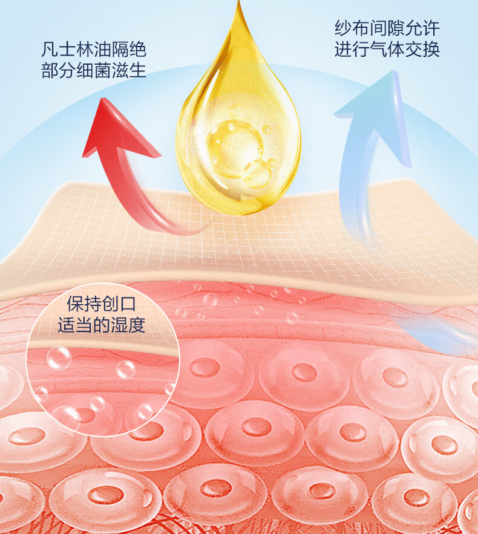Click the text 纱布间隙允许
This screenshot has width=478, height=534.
387,28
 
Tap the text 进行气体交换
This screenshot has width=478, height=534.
387,50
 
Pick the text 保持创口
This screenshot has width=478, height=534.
102,304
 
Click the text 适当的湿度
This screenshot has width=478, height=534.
102,326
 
